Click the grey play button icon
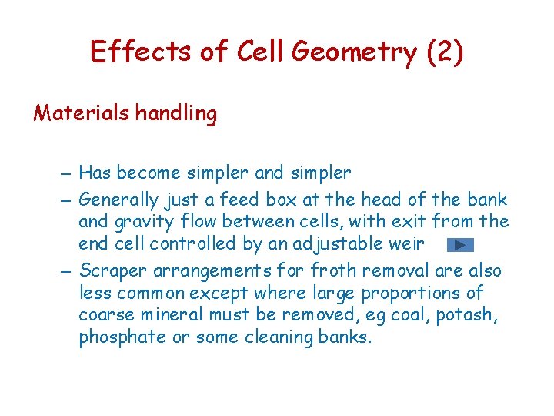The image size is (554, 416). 459,246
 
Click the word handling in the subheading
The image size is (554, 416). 176,114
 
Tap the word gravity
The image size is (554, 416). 143,222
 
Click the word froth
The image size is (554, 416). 333,271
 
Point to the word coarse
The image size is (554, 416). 104,315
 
